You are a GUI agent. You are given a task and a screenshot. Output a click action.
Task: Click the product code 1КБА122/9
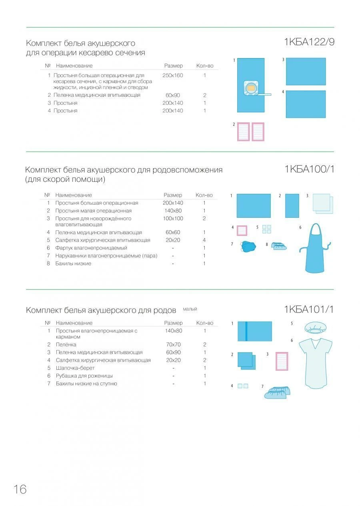[309, 42]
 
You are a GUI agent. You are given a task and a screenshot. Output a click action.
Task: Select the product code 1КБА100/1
[309, 169]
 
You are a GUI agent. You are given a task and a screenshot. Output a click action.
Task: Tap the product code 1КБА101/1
[309, 309]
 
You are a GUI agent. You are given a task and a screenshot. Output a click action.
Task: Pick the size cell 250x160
[173, 75]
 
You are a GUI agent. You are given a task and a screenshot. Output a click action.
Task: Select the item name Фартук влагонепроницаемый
[91, 248]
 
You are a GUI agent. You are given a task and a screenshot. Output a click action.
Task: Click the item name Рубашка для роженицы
[84, 376]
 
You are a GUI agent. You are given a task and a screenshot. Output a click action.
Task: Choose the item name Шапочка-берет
[75, 368]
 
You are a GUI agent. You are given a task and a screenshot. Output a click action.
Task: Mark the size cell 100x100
[173, 219]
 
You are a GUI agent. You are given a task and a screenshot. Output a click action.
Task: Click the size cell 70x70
[173, 345]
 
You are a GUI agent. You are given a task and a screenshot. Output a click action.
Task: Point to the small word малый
[190, 309]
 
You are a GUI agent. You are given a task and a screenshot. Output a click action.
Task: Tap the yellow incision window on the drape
[251, 88]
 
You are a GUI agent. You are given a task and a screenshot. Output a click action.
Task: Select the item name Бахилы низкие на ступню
[86, 384]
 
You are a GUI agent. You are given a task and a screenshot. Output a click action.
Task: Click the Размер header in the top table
[173, 66]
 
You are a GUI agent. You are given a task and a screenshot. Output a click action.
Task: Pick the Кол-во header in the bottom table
[205, 323]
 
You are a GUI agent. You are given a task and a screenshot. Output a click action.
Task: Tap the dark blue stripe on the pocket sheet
[246, 331]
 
